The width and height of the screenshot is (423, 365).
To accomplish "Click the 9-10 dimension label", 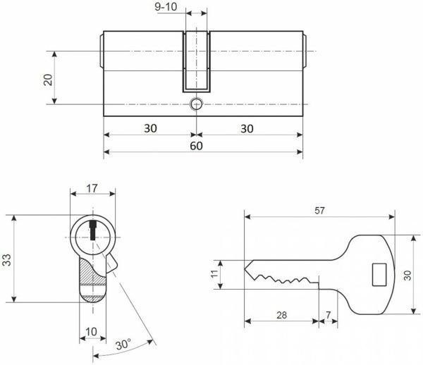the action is (x=166, y=7).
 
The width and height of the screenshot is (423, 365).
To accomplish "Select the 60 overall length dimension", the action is (x=196, y=146).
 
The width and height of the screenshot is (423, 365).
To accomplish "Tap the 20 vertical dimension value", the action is (x=48, y=80).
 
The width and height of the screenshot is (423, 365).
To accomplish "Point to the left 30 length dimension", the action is (x=150, y=128).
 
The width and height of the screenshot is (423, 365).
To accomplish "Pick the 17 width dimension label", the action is (x=92, y=188).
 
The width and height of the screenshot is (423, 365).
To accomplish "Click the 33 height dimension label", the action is (x=6, y=260).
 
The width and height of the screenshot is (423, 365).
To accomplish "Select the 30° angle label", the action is (x=123, y=345).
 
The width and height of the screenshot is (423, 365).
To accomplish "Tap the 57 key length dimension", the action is (x=319, y=211).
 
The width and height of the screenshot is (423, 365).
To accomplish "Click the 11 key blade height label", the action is (x=214, y=274).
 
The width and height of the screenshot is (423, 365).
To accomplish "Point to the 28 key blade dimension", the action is (x=281, y=315).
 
